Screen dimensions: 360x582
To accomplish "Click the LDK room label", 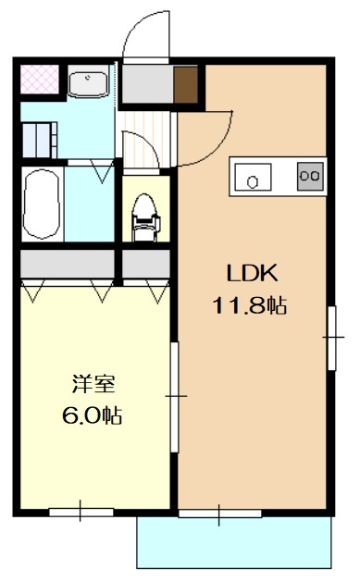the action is pos(252,273).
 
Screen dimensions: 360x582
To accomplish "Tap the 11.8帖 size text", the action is pos(249,306).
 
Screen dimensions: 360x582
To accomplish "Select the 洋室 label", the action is pos(93,384).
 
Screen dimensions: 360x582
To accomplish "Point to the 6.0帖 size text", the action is pos(92,415).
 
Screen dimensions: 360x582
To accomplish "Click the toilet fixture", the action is pos(145,217).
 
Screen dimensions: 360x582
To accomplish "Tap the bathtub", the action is pos(42,204).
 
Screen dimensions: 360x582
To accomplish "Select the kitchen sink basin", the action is pos(253,177).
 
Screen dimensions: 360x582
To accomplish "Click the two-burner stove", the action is pos(310,177).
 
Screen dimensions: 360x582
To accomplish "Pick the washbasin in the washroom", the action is pos(88,83).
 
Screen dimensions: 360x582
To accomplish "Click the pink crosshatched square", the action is pos(40,79).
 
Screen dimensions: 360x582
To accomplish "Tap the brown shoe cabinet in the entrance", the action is pos(186,84).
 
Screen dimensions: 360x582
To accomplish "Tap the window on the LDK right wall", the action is pos(332,338).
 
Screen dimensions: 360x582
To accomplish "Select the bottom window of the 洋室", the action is pos(81,513).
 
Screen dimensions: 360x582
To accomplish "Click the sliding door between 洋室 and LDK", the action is pos(174,397).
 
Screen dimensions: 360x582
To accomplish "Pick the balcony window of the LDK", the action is pos(219,514).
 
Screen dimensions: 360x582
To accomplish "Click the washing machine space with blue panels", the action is pos(40,141).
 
